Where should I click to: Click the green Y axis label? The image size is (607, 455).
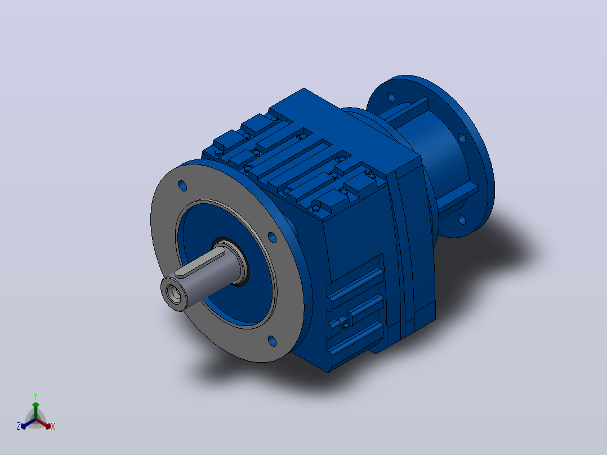coord(35,396)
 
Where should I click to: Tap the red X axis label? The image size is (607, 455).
coord(53,426)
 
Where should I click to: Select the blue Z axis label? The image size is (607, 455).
coord(19,426)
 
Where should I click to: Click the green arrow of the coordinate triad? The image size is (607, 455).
coord(35,410)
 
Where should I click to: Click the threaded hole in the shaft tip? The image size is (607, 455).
coord(173,293)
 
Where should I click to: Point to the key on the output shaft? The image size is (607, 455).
coord(199,262)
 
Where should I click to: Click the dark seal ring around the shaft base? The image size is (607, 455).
coord(232,261)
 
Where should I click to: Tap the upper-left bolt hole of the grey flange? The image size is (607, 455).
coord(182,185)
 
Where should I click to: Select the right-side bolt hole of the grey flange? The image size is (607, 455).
coord(272,238)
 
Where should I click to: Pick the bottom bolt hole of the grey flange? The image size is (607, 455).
coord(272,341)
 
